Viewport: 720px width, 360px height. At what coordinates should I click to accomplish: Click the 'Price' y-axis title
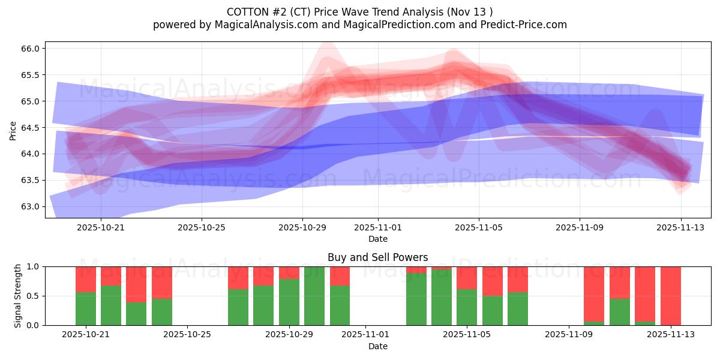click(x=13, y=130)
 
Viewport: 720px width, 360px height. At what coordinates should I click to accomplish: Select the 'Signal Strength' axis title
click(x=18, y=296)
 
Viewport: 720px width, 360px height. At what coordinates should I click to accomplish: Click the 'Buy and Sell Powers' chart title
click(x=377, y=257)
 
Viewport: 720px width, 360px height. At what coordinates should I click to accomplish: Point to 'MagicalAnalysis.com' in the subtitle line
click(x=260, y=25)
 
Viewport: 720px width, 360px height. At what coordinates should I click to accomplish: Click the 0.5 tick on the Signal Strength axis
click(x=31, y=296)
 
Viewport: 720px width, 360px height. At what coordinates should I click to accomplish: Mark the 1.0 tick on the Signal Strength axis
click(x=31, y=266)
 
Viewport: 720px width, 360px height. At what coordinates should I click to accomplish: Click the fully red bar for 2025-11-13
click(x=670, y=296)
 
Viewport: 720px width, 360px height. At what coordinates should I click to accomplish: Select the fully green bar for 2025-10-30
click(x=314, y=296)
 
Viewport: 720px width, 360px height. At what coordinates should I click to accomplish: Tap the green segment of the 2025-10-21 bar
click(x=86, y=309)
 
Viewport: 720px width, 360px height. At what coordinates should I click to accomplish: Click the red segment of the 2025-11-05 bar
click(x=467, y=277)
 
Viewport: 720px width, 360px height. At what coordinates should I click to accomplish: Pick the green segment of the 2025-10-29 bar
click(x=289, y=302)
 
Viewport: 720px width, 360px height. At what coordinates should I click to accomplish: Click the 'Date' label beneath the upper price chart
click(x=377, y=239)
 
